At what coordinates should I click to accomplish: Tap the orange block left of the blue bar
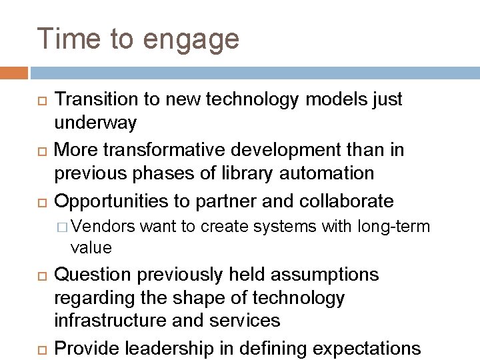pyautogui.click(x=14, y=72)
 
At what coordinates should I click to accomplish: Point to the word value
pyautogui.click(x=91, y=248)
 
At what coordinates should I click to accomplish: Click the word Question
pyautogui.click(x=99, y=275)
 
